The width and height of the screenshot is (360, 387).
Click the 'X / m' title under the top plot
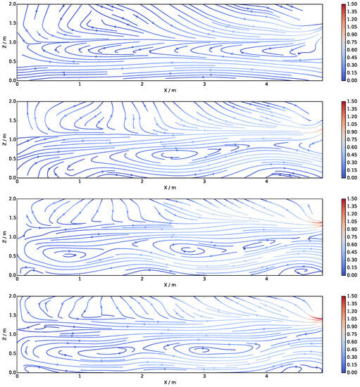(170, 91)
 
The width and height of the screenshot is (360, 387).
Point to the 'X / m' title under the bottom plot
(170, 382)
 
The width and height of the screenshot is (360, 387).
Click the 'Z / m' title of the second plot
(4, 139)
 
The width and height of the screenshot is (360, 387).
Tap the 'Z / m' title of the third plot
(4, 236)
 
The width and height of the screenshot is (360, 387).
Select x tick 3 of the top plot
(204, 84)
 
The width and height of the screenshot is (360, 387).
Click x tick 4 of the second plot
(266, 182)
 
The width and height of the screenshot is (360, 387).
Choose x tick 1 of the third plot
(80, 279)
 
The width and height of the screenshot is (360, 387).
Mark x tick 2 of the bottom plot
(142, 376)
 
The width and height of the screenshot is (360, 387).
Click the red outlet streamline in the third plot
(318, 223)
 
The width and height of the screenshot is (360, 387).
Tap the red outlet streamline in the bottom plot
(318, 319)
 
